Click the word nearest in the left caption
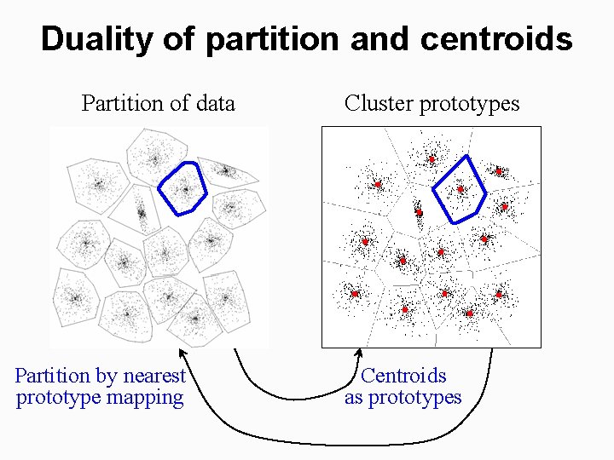(154, 376)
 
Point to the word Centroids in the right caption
(403, 376)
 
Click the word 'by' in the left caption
(106, 377)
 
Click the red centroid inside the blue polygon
(460, 189)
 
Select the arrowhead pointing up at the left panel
(181, 352)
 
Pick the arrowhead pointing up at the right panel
(359, 353)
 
